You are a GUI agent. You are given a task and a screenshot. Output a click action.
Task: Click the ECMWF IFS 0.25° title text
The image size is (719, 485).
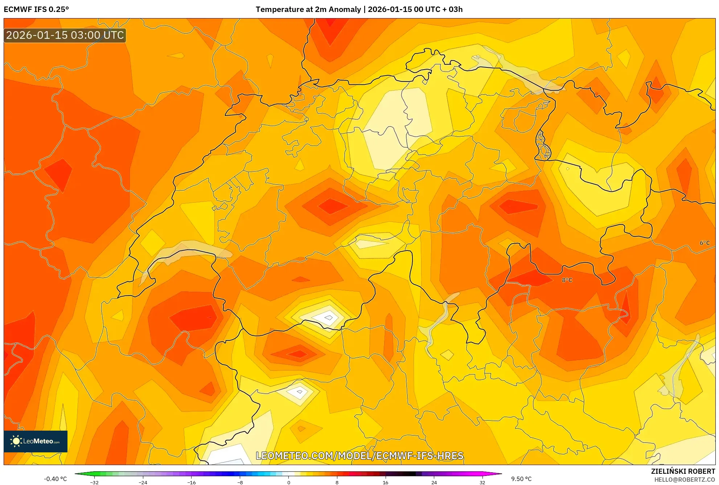[36, 9]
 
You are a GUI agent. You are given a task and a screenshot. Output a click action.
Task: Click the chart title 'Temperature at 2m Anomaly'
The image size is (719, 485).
[308, 9]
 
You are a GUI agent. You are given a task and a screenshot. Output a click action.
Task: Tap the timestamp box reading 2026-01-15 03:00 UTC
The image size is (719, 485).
[65, 36]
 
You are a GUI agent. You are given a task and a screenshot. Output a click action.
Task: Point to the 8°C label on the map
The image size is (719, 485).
[567, 280]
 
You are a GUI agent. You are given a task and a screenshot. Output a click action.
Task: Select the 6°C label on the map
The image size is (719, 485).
[704, 243]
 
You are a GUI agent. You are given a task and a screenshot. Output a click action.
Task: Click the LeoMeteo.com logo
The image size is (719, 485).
[36, 441]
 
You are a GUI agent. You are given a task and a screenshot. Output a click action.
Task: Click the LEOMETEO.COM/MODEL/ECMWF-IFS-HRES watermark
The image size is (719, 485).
[359, 456]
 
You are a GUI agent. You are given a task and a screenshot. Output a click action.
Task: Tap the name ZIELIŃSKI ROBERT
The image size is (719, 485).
[683, 471]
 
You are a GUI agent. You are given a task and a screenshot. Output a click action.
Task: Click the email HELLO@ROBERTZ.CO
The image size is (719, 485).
[685, 480]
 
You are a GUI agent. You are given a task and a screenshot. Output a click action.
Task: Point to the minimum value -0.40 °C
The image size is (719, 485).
[56, 479]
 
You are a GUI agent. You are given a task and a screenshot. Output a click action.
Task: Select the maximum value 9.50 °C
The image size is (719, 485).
[521, 479]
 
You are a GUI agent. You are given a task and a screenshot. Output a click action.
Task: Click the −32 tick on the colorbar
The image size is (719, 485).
[94, 482]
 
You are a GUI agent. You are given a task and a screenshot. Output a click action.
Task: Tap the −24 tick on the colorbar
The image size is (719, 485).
[143, 482]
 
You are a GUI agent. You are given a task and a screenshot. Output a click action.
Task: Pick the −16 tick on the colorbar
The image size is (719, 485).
[191, 482]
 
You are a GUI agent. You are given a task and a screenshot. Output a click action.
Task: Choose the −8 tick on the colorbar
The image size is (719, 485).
[240, 482]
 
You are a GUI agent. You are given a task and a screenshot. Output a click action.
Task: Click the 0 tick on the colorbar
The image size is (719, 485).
[289, 482]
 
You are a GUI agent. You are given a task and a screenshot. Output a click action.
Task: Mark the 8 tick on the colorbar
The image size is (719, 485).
[337, 482]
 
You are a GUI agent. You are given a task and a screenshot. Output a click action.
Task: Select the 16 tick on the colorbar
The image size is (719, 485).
[385, 482]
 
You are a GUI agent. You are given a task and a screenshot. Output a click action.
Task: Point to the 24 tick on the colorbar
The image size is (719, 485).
[434, 482]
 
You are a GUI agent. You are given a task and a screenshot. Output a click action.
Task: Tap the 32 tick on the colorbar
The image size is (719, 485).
[482, 482]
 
